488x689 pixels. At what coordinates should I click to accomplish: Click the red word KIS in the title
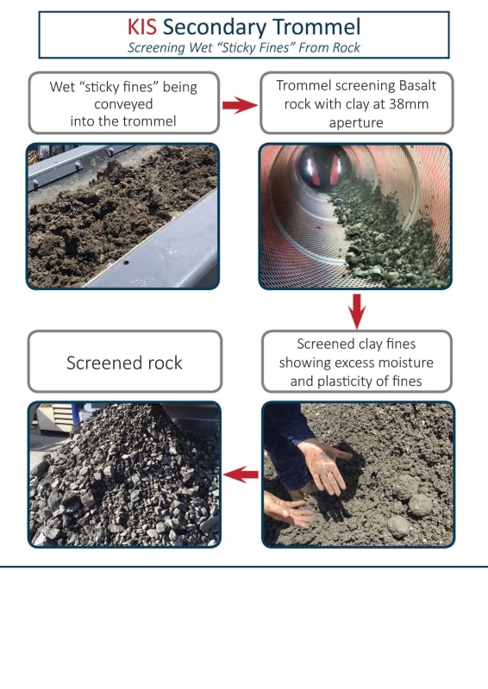point(141,27)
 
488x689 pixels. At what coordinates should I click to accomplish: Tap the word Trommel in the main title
point(316,27)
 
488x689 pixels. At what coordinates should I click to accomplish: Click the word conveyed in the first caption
point(123,104)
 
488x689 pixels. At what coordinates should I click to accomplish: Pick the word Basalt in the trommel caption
point(416,85)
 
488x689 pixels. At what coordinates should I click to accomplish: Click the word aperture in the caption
point(356,122)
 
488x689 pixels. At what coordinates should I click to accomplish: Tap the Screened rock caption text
point(124,363)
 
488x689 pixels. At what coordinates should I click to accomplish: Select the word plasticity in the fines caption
point(347,381)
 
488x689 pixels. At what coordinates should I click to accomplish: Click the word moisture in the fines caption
point(406,363)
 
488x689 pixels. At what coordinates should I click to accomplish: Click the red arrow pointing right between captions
point(240,104)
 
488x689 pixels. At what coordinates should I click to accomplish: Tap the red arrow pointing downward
point(356,311)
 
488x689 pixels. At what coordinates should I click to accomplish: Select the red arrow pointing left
point(241,475)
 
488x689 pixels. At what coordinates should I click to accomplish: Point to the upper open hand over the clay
point(324,466)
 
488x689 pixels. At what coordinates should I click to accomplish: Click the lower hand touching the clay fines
point(288,508)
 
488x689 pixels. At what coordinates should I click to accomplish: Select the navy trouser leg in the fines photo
point(286,444)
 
